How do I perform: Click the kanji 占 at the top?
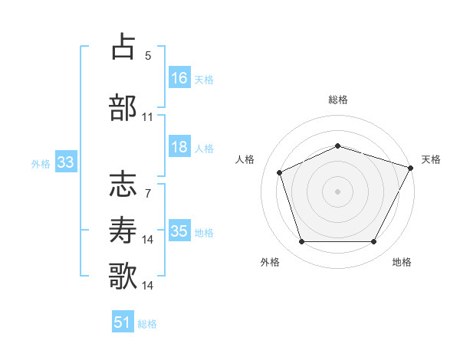coord(123,47)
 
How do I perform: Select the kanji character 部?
coord(123,107)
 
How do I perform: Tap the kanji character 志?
coord(123,185)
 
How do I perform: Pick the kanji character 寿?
coord(123,230)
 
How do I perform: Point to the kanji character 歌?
coord(123,275)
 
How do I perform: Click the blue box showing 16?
coord(179,78)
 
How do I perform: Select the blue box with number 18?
coord(179,148)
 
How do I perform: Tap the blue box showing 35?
coord(179,231)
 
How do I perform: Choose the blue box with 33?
coord(65,162)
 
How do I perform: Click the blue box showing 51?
coord(123,322)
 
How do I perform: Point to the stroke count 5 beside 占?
coord(148,56)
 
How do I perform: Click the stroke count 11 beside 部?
coord(148,117)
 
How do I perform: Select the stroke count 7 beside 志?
coord(148,193)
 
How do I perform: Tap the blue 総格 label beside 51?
coord(147,324)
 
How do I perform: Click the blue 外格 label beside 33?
coord(40,163)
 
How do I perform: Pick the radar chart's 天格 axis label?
coord(431,159)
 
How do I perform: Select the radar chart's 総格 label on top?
coord(337,100)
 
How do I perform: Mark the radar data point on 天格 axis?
coord(412,167)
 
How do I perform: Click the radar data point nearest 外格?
coord(301,242)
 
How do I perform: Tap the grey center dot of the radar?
coord(337,191)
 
